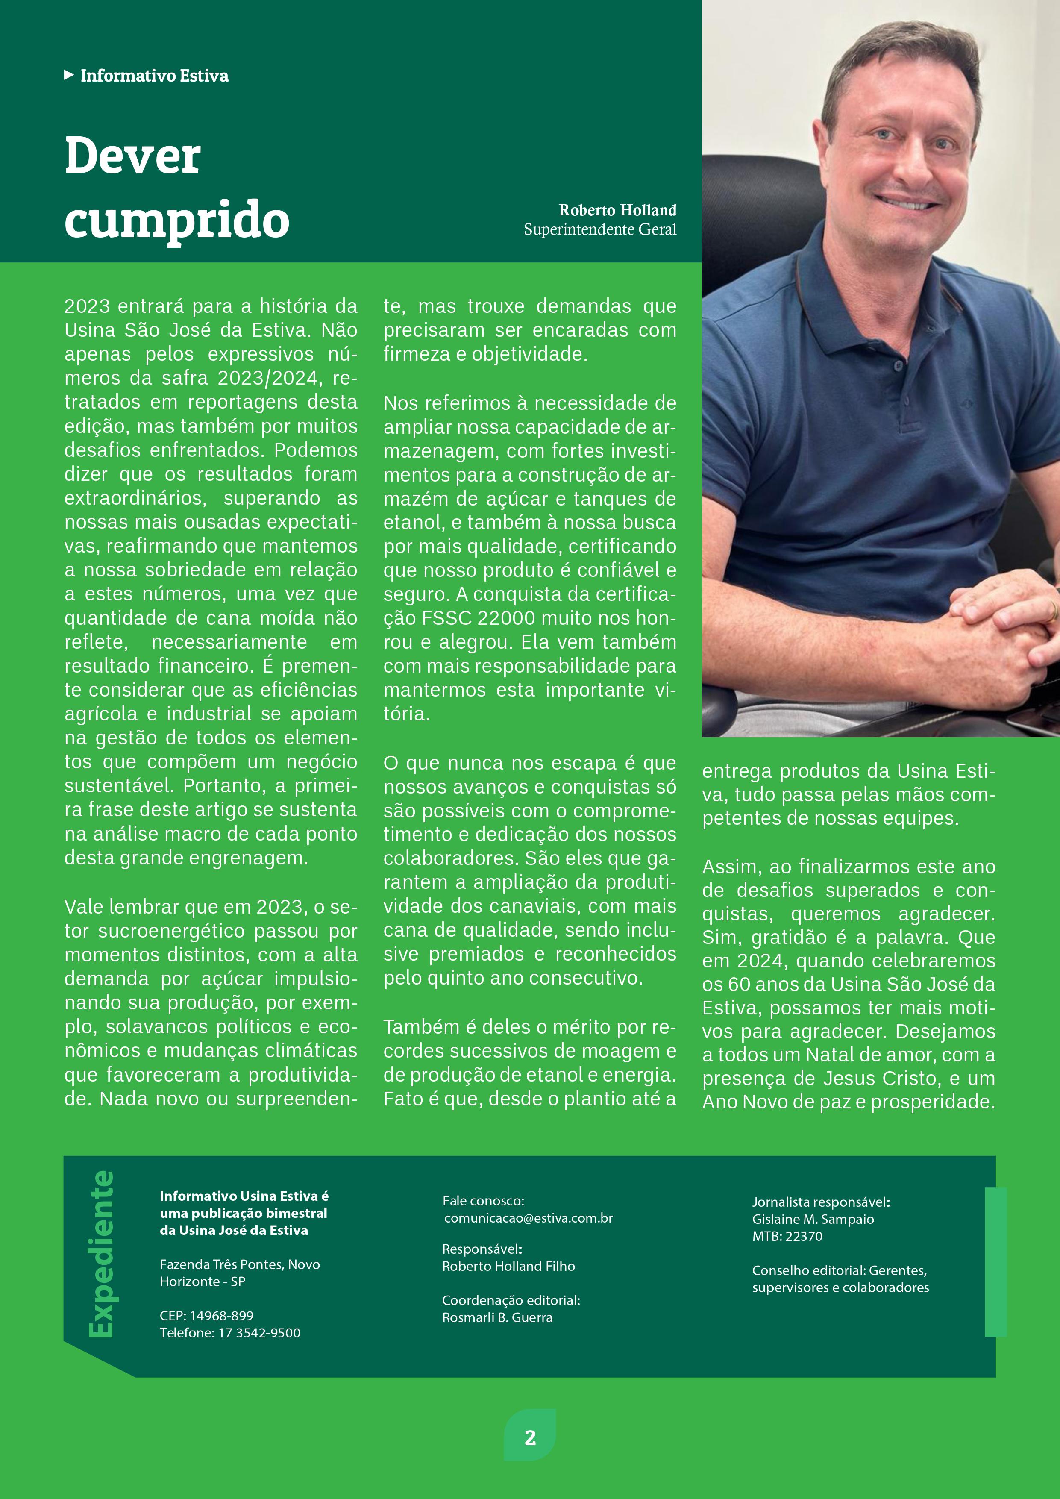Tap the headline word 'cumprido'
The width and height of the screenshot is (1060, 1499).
coord(177,220)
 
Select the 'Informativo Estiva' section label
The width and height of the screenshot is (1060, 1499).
coord(154,76)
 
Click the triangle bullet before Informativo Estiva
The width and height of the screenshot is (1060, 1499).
coord(68,76)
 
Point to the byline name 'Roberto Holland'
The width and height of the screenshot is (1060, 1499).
coord(617,210)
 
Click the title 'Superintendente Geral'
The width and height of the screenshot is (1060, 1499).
coord(600,230)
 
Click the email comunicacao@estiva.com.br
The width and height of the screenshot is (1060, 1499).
coord(528,1218)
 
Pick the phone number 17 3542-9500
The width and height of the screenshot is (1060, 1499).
coord(259,1333)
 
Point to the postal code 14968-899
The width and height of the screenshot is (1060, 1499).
coord(221,1316)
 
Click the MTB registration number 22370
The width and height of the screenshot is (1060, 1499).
coord(805,1237)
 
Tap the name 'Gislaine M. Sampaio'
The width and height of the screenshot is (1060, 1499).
coord(813,1220)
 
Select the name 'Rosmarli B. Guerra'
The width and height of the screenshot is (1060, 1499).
coord(497,1317)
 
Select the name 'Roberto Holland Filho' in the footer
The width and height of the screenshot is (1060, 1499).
coord(508,1267)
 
